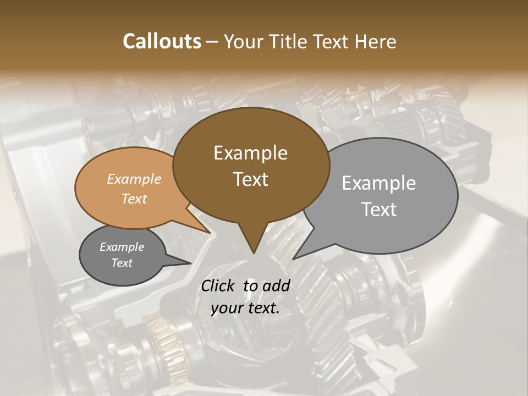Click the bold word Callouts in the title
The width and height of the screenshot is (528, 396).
tap(162, 41)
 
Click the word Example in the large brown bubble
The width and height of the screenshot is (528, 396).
tap(250, 153)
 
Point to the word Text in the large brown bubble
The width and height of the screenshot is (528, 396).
tap(250, 179)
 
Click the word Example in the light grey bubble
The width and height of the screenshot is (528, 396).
tap(378, 183)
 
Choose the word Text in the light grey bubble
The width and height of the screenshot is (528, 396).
tap(378, 210)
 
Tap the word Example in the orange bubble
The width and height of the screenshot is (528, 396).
tap(134, 179)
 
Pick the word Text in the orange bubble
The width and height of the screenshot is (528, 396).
tap(134, 199)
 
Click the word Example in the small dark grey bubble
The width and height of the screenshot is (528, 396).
tap(122, 247)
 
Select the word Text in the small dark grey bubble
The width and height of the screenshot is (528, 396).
tap(122, 263)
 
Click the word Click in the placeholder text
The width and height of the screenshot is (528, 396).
tap(218, 286)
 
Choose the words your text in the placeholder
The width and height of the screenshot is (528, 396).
tap(245, 309)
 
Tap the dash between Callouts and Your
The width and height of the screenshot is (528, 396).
tap(213, 42)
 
